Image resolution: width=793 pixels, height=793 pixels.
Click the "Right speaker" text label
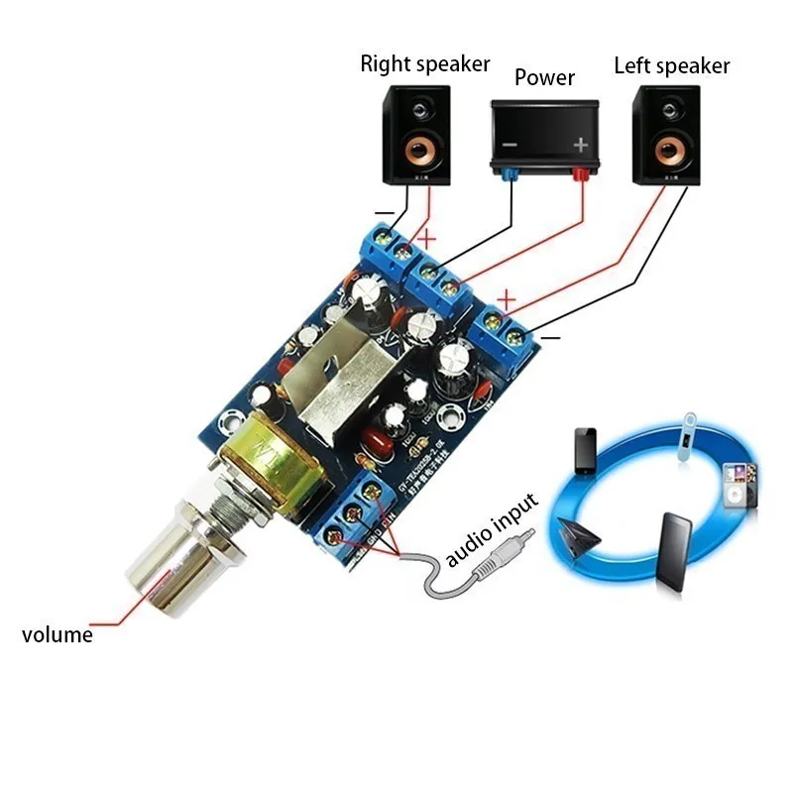424,64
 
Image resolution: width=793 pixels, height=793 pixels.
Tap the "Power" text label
544,76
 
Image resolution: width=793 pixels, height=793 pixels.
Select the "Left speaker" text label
671,66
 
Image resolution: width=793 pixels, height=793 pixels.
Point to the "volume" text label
57,635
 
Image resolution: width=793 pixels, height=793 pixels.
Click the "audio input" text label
492,530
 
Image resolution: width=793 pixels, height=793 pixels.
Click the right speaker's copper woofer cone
418,153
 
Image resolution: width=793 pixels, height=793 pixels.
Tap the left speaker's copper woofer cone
667,153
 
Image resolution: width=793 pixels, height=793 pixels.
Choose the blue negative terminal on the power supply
510,175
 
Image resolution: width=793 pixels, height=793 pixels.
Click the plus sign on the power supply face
581,145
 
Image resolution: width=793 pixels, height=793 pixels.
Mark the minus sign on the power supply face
509,145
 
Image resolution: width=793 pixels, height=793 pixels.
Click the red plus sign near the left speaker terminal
507,297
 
